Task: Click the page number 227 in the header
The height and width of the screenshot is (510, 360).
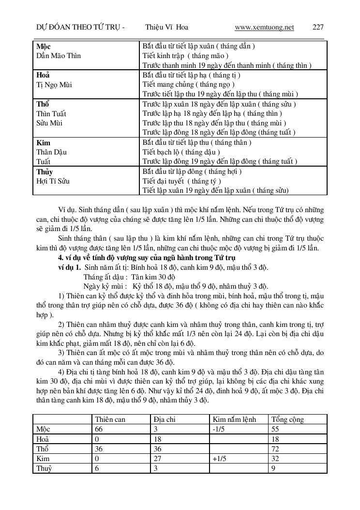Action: coord(318,27)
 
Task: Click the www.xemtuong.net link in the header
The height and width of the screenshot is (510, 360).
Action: coord(264,27)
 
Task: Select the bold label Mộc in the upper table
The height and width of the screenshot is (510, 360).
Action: coord(44,46)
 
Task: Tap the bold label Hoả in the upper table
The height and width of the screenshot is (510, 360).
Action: coord(44,76)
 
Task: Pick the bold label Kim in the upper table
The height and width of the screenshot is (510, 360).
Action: coord(44,143)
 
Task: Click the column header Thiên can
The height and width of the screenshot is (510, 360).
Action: coord(110,419)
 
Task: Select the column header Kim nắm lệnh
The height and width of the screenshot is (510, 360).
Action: coord(234,419)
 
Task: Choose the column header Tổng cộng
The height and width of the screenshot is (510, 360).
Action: coord(288,419)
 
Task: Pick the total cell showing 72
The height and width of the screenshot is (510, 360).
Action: coord(276,448)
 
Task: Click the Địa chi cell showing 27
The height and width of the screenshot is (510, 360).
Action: coord(158,458)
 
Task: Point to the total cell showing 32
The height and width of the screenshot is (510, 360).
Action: coord(276,458)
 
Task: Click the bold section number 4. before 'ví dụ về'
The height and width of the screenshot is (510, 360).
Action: coord(60,257)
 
